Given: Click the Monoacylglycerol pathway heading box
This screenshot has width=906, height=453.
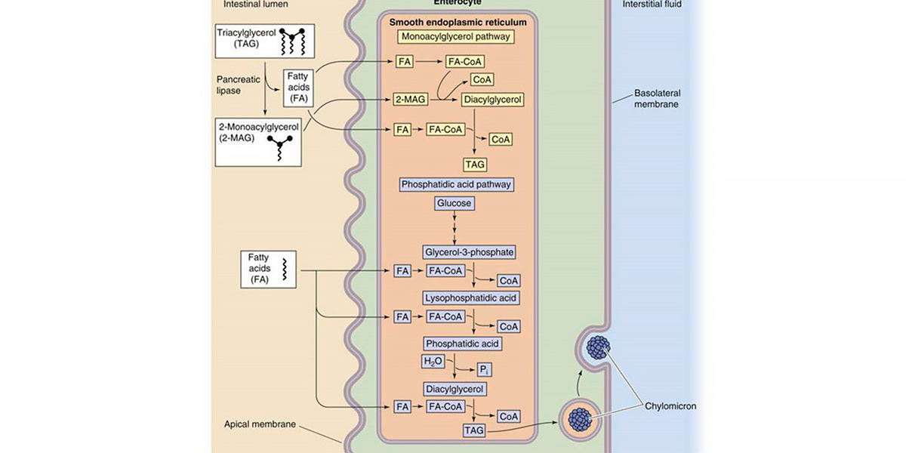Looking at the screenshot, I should coord(456,35).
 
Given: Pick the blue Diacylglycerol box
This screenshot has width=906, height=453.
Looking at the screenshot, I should coord(454,390).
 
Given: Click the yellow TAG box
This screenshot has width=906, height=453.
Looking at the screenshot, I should coord(475,164).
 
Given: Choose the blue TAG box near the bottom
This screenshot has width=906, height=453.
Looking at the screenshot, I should coord(473,430).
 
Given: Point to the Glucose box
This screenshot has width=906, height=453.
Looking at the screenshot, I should coord(454,203).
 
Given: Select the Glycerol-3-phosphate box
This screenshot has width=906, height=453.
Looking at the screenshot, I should coord(470,251).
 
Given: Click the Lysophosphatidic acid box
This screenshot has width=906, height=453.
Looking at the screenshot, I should coord(470,298).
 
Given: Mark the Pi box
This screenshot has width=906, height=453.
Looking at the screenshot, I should coord(485,369).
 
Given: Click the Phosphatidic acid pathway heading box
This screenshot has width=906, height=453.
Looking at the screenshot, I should coord(457,183).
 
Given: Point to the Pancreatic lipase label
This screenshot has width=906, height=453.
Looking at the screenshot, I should coord(236,84).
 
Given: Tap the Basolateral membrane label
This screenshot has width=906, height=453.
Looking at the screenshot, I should coord(657,98).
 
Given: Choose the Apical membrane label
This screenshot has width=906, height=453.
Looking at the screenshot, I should coord(259,424).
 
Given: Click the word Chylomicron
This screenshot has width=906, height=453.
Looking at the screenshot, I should coord(670,405).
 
